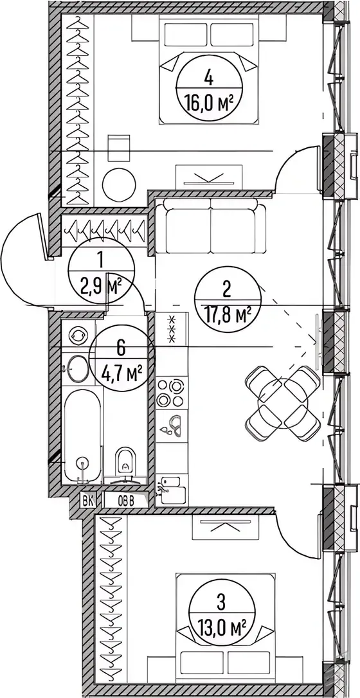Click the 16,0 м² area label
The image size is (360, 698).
(x=209, y=105)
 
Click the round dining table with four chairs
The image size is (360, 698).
(x=283, y=403)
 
